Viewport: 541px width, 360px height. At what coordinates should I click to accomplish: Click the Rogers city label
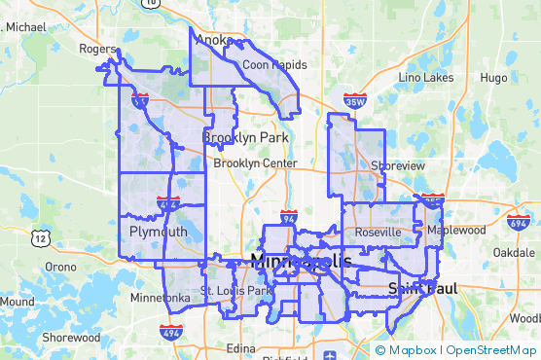tap(98, 48)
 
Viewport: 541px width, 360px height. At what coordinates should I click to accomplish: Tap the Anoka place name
tap(214, 40)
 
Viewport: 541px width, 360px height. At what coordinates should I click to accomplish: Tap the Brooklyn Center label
tap(255, 163)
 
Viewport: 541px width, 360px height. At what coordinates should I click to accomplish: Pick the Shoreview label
tap(398, 166)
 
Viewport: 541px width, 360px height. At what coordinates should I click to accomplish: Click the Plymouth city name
tap(158, 232)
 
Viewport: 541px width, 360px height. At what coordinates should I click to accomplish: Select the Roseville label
tap(378, 233)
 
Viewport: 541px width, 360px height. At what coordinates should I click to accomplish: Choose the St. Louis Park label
tap(236, 291)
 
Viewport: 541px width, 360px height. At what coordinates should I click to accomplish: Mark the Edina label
tap(239, 347)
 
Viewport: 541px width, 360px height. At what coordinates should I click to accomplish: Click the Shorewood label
tap(70, 338)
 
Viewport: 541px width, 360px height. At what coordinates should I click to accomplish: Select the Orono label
tap(60, 267)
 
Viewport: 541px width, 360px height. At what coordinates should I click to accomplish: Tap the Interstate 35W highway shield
tap(356, 100)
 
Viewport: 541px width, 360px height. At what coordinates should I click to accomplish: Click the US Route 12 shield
tap(40, 236)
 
